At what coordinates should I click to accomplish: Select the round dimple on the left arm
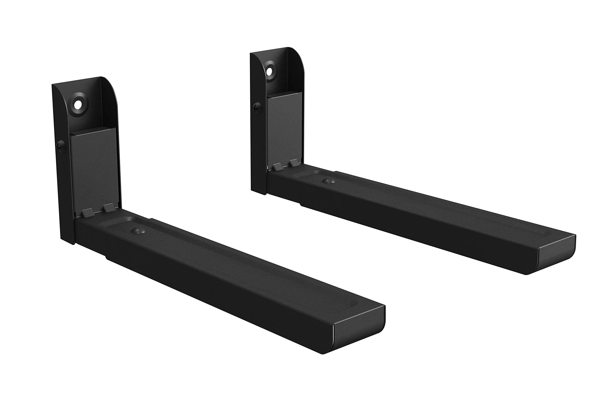pyautogui.click(x=138, y=230)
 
